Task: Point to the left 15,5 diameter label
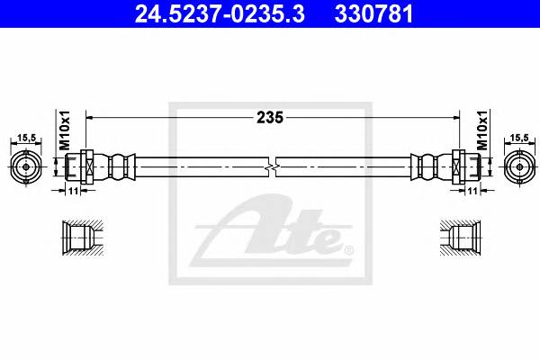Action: tap(27, 138)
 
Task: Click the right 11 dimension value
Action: tap(470, 191)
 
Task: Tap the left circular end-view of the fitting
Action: tap(27, 166)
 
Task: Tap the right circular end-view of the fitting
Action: tap(516, 166)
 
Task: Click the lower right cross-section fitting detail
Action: tap(461, 238)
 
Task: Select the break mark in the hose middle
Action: tap(271, 167)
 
